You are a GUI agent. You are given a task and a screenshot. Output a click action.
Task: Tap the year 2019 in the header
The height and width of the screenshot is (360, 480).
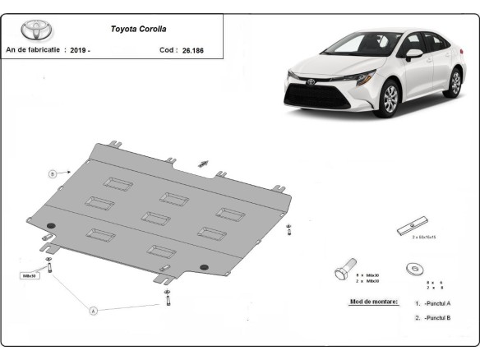[79, 49]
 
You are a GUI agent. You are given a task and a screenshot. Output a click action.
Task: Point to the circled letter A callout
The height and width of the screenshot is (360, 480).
[93, 311]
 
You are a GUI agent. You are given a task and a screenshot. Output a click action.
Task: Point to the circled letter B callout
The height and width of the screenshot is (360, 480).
[52, 173]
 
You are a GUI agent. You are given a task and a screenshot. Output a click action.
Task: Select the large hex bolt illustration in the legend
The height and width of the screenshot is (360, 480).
[343, 270]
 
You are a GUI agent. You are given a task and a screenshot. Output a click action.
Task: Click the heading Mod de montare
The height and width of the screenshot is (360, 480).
[374, 302]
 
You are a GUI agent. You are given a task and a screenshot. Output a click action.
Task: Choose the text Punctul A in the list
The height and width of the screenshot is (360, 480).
[438, 303]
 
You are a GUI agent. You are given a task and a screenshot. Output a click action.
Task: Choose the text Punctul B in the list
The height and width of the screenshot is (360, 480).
[438, 317]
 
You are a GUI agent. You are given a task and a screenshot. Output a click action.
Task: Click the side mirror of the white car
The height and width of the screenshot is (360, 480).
[413, 54]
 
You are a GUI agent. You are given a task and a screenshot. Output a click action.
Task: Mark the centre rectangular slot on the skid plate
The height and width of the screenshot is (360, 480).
[155, 218]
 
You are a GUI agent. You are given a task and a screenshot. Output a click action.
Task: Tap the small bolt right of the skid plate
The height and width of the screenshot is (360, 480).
[288, 230]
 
